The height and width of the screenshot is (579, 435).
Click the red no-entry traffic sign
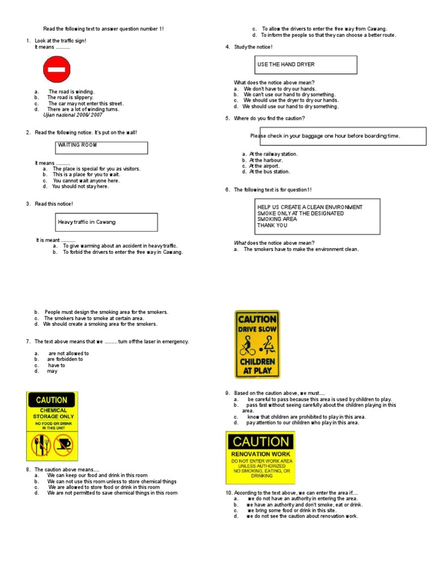tap(57, 71)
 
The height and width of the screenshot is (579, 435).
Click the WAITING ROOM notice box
tap(103, 148)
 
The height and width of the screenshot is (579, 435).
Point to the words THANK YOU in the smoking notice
tap(272, 225)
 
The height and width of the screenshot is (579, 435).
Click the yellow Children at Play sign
tap(257, 344)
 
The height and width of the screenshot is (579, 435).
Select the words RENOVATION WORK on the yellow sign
tap(261, 454)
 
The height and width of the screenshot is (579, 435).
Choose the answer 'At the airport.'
tap(266, 166)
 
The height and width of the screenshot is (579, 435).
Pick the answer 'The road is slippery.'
tap(71, 97)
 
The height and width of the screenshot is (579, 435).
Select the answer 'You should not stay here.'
tap(80, 186)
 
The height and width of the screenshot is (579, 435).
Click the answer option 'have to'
tap(57, 365)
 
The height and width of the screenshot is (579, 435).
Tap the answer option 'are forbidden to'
tap(65, 359)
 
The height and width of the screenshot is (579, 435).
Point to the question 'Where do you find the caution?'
tap(269, 118)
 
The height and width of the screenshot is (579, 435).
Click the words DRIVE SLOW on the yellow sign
tap(257, 329)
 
